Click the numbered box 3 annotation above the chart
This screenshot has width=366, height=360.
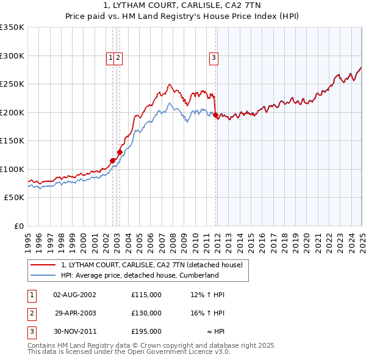point(214,58)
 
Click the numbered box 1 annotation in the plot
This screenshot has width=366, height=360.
point(110,58)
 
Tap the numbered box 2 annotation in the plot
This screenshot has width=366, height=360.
point(118,58)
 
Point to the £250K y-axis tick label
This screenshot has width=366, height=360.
point(12,84)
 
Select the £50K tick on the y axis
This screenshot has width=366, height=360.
point(14,198)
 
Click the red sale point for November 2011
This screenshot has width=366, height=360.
point(216,115)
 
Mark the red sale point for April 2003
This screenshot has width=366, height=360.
point(120,152)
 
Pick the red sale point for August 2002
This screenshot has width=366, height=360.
point(112,160)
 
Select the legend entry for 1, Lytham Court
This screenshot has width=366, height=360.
point(152,265)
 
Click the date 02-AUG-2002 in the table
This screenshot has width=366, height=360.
point(75,295)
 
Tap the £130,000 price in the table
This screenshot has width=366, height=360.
point(146,313)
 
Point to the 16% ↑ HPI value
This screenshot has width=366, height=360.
point(207,313)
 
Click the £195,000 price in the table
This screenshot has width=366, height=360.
point(146,331)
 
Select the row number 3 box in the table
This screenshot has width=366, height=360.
point(31,331)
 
